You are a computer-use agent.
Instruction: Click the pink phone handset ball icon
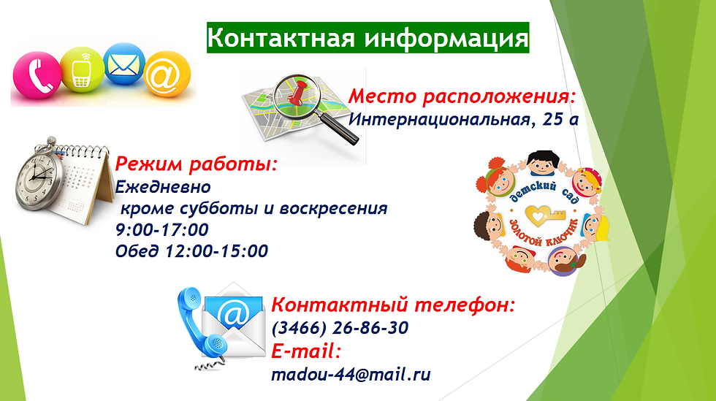click(x=37, y=75)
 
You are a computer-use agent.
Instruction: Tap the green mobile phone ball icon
click(x=82, y=70)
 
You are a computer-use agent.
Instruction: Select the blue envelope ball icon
click(x=123, y=64)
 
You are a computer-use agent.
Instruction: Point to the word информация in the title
click(x=446, y=39)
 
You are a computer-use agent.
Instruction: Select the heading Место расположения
click(x=462, y=97)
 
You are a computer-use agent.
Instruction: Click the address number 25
click(x=552, y=119)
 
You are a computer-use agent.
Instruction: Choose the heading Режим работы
click(x=197, y=164)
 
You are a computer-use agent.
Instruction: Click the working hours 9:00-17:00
click(x=162, y=229)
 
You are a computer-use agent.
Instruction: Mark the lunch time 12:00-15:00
click(x=216, y=251)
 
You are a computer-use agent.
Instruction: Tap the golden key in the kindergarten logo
click(x=545, y=214)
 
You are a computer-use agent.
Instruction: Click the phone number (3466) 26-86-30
click(x=340, y=328)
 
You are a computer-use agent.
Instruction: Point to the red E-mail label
click(x=306, y=351)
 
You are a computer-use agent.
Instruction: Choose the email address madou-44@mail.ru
click(x=351, y=375)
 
